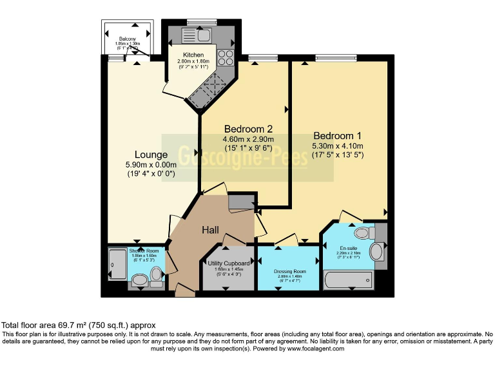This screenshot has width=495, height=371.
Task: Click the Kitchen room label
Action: coord(193,55)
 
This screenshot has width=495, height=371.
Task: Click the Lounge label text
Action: coord(151,155)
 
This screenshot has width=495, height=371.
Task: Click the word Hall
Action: coord(211,230)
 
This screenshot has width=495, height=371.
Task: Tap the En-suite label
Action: coord(349,248)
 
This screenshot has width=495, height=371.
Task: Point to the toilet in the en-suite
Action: coord(362,231)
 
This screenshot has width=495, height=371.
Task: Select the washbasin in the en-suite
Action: coord(376,251)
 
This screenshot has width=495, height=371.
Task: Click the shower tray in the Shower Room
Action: coord(118,264)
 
